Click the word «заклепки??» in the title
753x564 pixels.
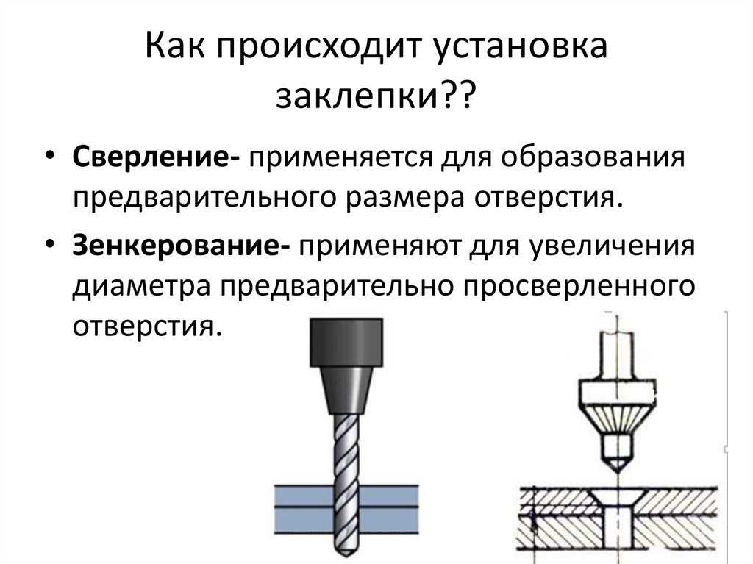(376, 96)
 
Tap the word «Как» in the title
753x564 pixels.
(175, 46)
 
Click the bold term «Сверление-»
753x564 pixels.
(156, 158)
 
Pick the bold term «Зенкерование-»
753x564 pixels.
(181, 246)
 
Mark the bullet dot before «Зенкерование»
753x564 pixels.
(49, 244)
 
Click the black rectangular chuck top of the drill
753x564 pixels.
(346, 343)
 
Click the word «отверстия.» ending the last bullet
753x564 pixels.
(148, 326)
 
